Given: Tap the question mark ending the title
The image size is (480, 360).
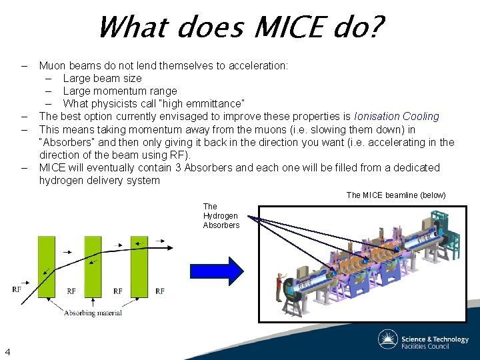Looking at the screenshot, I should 375,29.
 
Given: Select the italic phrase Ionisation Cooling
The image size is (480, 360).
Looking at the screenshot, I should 397,117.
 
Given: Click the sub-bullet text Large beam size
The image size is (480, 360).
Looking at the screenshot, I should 102,78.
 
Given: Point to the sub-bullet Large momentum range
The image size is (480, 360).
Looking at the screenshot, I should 120,91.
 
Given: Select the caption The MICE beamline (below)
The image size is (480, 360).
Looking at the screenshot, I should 396,195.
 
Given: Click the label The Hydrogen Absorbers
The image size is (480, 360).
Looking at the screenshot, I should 221,216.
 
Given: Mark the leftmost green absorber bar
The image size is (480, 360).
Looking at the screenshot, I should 46,267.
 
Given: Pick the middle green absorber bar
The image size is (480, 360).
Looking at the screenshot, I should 93,267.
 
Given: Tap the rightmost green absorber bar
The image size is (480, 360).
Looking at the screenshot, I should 139,267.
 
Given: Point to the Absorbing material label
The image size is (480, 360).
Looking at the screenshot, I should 93,313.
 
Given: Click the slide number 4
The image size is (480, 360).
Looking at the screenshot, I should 7,351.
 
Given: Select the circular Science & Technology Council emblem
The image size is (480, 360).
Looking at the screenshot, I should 388,339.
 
